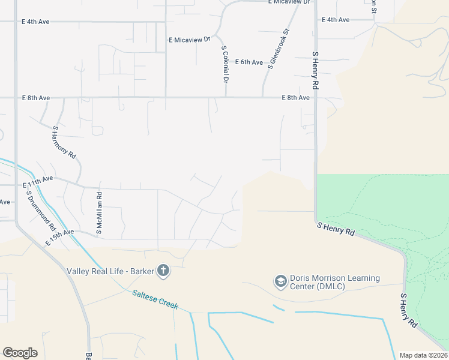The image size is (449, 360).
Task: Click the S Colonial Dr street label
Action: tap(225, 64)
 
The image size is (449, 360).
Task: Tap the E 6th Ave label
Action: tap(249, 62)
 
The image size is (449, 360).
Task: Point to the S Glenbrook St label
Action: tap(279, 49)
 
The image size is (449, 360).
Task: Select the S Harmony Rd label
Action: tap(64, 142)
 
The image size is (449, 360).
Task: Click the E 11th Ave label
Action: tap(38, 179)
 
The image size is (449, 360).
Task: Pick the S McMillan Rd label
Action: tap(100, 213)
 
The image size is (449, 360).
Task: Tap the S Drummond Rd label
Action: tap(41, 212)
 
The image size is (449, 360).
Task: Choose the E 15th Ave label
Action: tap(59, 236)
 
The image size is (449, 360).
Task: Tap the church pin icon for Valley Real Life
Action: tap(163, 271)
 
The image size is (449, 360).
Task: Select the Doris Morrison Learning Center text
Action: tap(335, 282)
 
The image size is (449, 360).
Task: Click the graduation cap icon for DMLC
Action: tap(280, 281)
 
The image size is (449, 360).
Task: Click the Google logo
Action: tap(20, 353)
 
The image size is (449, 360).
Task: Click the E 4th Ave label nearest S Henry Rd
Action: tap(336, 20)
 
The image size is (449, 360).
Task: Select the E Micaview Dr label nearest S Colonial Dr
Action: tap(190, 40)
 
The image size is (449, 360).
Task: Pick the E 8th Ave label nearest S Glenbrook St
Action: tap(296, 97)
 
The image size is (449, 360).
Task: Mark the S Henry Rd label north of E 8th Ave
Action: tap(315, 71)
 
